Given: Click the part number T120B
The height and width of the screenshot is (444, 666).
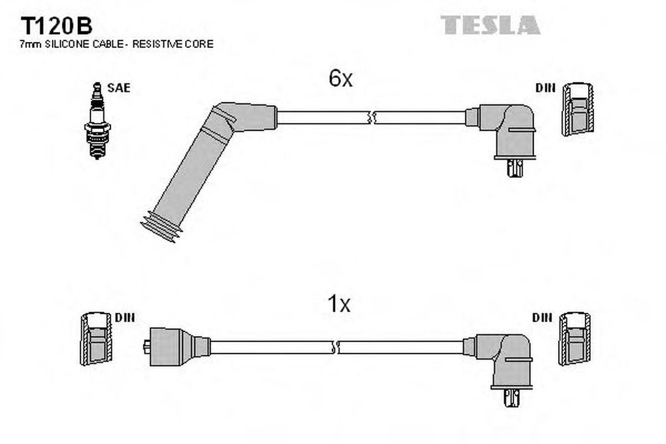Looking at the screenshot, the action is click(56, 27).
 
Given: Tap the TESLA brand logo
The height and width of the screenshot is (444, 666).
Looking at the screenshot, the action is click(490, 25).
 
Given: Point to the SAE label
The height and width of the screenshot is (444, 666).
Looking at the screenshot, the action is click(119, 88).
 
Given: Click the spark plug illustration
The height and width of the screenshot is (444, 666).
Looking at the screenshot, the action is click(97, 120).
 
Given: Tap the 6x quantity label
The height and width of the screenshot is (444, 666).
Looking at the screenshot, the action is click(340, 78).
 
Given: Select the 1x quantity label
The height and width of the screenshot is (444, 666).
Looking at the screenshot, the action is click(339, 304).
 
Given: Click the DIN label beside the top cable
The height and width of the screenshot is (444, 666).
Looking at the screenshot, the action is click(545, 88).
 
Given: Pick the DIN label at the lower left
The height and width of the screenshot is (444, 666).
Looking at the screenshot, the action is click(125, 318).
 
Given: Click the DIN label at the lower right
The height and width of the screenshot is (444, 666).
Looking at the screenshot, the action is click(542, 318).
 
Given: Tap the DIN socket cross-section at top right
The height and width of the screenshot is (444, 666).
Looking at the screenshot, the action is click(577, 109).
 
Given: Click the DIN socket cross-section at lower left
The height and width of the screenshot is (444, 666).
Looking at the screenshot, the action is click(97, 339).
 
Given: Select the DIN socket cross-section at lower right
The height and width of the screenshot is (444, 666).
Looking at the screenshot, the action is click(574, 339).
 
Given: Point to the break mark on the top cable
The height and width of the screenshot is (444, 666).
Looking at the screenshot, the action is click(370, 118).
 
